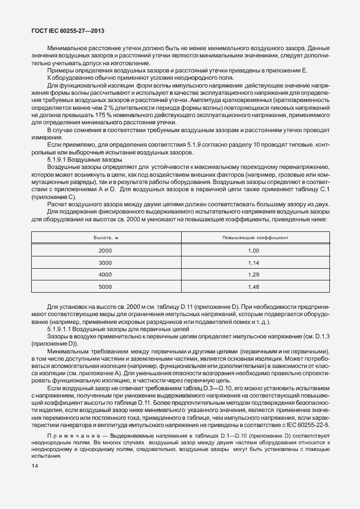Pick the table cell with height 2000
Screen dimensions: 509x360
(x=105, y=251)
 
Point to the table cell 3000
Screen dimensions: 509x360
(x=105, y=263)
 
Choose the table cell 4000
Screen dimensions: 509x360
(x=105, y=275)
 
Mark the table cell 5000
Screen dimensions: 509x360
(x=105, y=287)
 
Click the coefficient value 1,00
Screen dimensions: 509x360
(x=254, y=251)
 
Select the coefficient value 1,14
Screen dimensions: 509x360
(x=254, y=263)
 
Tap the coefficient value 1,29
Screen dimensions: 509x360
(x=254, y=275)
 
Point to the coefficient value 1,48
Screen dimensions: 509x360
(x=254, y=287)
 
